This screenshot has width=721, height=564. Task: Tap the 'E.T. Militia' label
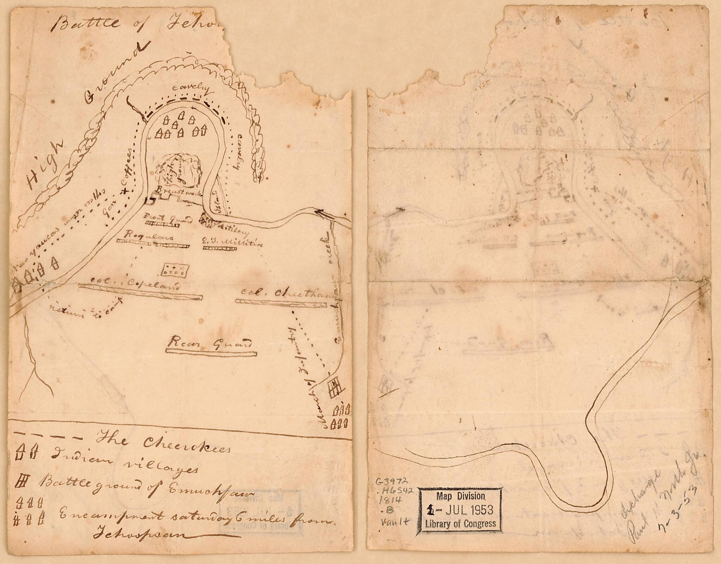pyautogui.click(x=232, y=242)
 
